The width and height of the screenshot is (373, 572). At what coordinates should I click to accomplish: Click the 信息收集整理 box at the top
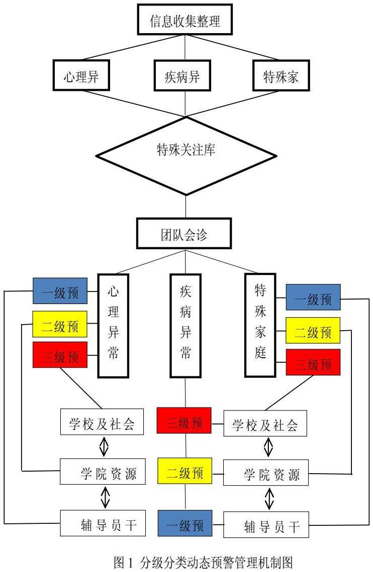[x=185, y=20]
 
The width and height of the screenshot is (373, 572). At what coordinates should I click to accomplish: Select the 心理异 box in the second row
[x=81, y=77]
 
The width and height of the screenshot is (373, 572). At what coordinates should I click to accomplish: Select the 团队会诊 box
[x=185, y=233]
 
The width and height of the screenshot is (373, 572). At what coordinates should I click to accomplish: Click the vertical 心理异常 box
[x=113, y=325]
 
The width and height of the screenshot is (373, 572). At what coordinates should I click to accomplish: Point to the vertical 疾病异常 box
[x=185, y=325]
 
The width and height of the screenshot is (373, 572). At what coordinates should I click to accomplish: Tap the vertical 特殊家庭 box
[x=260, y=325]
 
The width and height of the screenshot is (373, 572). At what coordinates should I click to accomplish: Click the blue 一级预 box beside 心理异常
[x=60, y=291]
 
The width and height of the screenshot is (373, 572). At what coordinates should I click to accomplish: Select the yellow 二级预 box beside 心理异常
[x=60, y=324]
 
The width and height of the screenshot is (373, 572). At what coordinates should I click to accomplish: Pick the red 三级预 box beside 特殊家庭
[x=313, y=362]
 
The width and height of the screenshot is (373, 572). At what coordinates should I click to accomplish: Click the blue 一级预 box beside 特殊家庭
[x=313, y=297]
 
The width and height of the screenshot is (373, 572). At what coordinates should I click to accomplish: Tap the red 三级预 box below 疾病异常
[x=184, y=420]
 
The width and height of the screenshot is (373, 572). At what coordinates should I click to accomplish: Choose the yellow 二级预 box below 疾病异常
[x=184, y=472]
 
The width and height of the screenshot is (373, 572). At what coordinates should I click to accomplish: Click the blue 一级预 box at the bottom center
[x=184, y=523]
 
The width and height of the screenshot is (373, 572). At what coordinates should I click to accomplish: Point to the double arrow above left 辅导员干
[x=105, y=498]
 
